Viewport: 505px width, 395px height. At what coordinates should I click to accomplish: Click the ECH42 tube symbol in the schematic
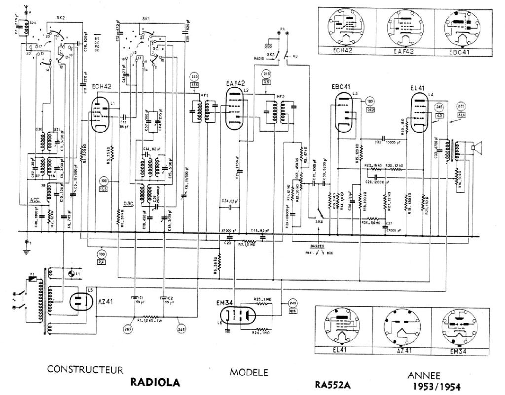click(x=102, y=114)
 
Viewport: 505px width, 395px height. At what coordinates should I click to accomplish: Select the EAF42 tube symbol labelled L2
click(x=233, y=110)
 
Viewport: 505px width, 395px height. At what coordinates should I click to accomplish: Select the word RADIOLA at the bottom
click(x=155, y=383)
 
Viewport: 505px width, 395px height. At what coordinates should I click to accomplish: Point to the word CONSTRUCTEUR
click(x=85, y=369)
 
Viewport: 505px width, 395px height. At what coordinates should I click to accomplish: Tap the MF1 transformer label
click(x=203, y=94)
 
